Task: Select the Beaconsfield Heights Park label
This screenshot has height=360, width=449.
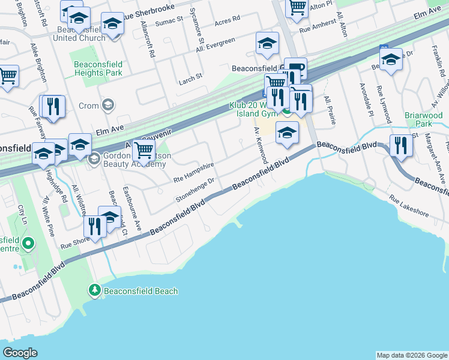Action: [x=98, y=68]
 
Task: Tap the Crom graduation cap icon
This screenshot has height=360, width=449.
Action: [x=108, y=106]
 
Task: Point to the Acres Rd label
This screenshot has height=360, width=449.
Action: [x=227, y=19]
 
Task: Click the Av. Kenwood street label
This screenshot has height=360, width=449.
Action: [x=261, y=145]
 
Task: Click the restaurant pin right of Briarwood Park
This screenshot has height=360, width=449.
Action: [x=400, y=145]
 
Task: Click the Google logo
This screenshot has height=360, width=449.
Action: [x=20, y=353]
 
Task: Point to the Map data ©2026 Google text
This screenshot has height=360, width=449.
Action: [x=411, y=355]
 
